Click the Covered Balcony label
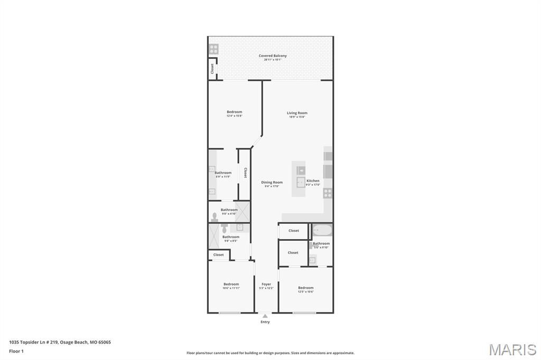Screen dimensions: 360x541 pyautogui.click(x=273, y=55)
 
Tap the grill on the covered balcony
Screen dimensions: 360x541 pyautogui.click(x=213, y=49)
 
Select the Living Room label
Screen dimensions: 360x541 pyautogui.click(x=297, y=113)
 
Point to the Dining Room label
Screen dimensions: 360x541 pyautogui.click(x=272, y=182)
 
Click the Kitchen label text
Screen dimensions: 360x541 pyautogui.click(x=313, y=181)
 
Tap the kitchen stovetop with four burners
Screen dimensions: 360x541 pyautogui.click(x=328, y=193)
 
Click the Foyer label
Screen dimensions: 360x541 pyautogui.click(x=266, y=284)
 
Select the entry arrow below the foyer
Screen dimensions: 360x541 pyautogui.click(x=265, y=316)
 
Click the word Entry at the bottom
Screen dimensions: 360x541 pyautogui.click(x=265, y=322)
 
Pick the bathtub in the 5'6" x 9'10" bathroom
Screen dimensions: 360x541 pyautogui.click(x=322, y=231)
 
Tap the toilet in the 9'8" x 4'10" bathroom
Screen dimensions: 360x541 pyautogui.click(x=215, y=216)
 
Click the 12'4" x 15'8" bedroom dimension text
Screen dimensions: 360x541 pyautogui.click(x=234, y=116)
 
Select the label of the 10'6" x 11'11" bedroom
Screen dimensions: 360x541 pyautogui.click(x=231, y=284)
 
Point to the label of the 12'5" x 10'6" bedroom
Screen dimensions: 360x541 pyautogui.click(x=305, y=288)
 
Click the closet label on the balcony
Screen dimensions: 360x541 pyautogui.click(x=212, y=69)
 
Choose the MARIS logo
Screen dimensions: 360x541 pyautogui.click(x=512, y=349)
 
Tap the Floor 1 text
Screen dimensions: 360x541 pyautogui.click(x=16, y=351)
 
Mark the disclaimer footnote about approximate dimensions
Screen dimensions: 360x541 pyautogui.click(x=270, y=353)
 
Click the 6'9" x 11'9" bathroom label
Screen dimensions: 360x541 pyautogui.click(x=223, y=173)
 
